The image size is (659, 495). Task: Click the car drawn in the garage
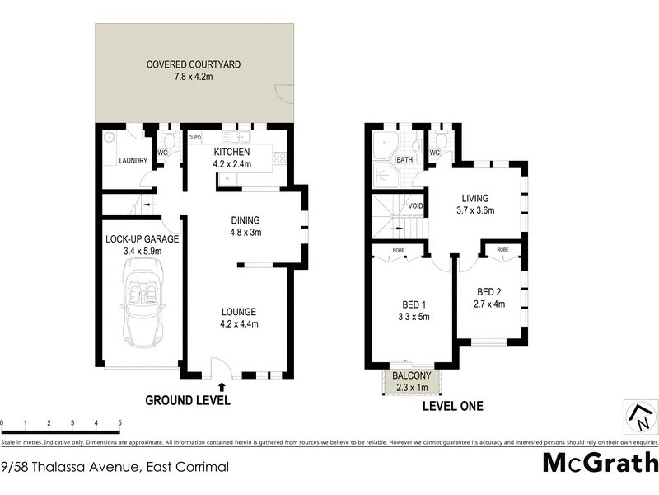pyautogui.click(x=142, y=302)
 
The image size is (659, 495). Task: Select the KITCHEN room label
pyautogui.click(x=231, y=153)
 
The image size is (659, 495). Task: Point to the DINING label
pyautogui.click(x=245, y=220)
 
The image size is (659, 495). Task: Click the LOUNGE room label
pyautogui.click(x=239, y=312)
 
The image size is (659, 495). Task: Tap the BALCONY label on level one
pyautogui.click(x=413, y=375)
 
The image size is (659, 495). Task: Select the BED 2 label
pyautogui.click(x=489, y=291)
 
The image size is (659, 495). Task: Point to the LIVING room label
pyautogui.click(x=475, y=198)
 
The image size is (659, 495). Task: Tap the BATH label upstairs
pyautogui.click(x=404, y=160)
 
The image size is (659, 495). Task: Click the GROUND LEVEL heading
pyautogui.click(x=188, y=401)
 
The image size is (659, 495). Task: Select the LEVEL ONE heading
pyautogui.click(x=452, y=406)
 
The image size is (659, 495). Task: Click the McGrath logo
pyautogui.click(x=601, y=462)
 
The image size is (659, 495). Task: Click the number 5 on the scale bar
pyautogui.click(x=120, y=423)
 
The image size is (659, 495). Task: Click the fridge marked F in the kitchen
pyautogui.click(x=227, y=178)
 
